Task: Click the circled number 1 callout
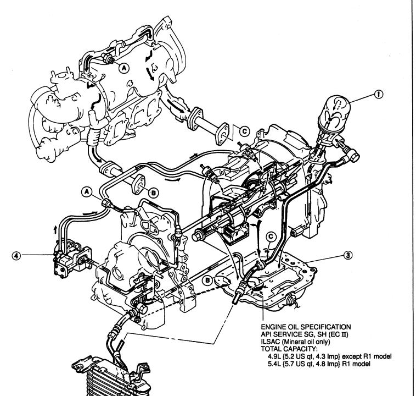tap(379, 94)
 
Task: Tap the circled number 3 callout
tap(348, 255)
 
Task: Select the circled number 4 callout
tap(16, 256)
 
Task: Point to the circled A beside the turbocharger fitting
tap(123, 68)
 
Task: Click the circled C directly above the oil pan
tap(271, 237)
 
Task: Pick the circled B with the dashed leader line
tap(207, 280)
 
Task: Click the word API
tap(266, 334)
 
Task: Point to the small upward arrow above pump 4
tap(55, 229)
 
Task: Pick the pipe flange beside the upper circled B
tap(138, 184)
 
